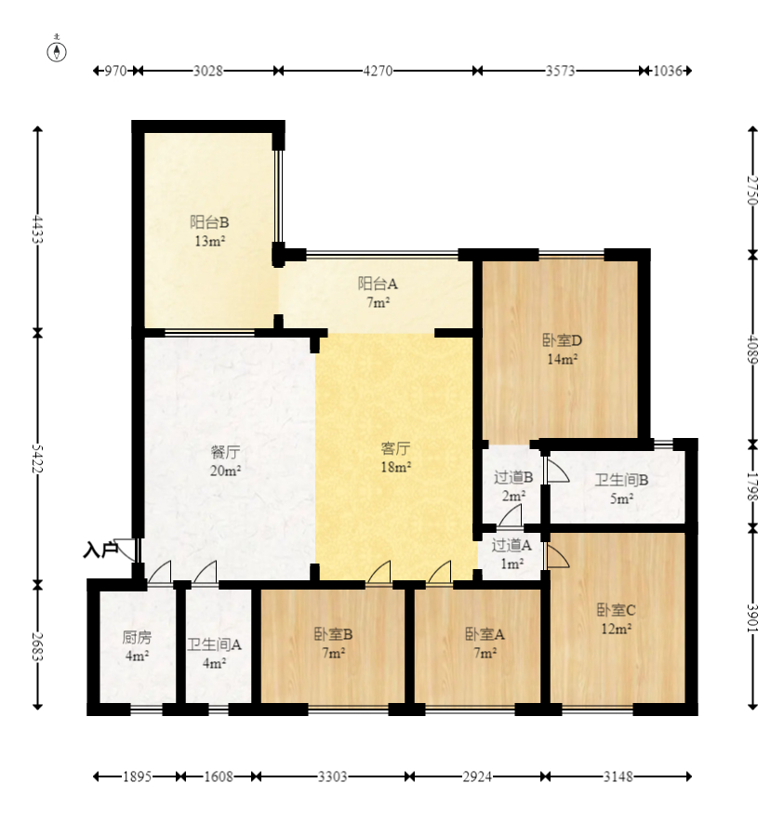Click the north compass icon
(57, 50)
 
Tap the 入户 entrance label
(100, 550)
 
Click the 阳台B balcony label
(209, 222)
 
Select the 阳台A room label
(378, 284)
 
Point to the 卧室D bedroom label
(562, 340)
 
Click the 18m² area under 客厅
(396, 467)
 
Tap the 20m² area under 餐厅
(226, 471)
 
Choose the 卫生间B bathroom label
(622, 480)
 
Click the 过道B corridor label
(513, 477)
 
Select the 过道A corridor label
(512, 545)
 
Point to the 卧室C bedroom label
(616, 610)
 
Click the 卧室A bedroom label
(485, 634)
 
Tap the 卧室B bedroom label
(333, 634)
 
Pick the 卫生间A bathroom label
(214, 645)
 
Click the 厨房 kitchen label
(137, 637)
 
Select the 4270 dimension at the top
(379, 71)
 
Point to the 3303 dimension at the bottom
(333, 776)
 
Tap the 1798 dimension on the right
(752, 486)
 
